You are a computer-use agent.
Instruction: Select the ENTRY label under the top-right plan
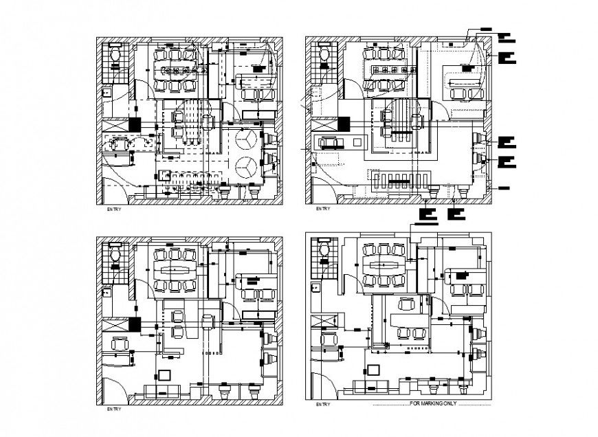tap(322, 208)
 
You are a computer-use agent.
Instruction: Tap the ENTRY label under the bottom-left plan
tap(113, 410)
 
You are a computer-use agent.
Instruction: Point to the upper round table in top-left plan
tap(247, 139)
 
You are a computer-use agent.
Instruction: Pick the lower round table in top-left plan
tap(247, 165)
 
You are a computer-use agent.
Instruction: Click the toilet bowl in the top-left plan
tap(115, 55)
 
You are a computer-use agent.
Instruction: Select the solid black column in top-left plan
tap(134, 125)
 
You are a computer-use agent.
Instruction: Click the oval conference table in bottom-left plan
tap(174, 268)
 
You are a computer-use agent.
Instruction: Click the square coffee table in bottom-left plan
tap(164, 374)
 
